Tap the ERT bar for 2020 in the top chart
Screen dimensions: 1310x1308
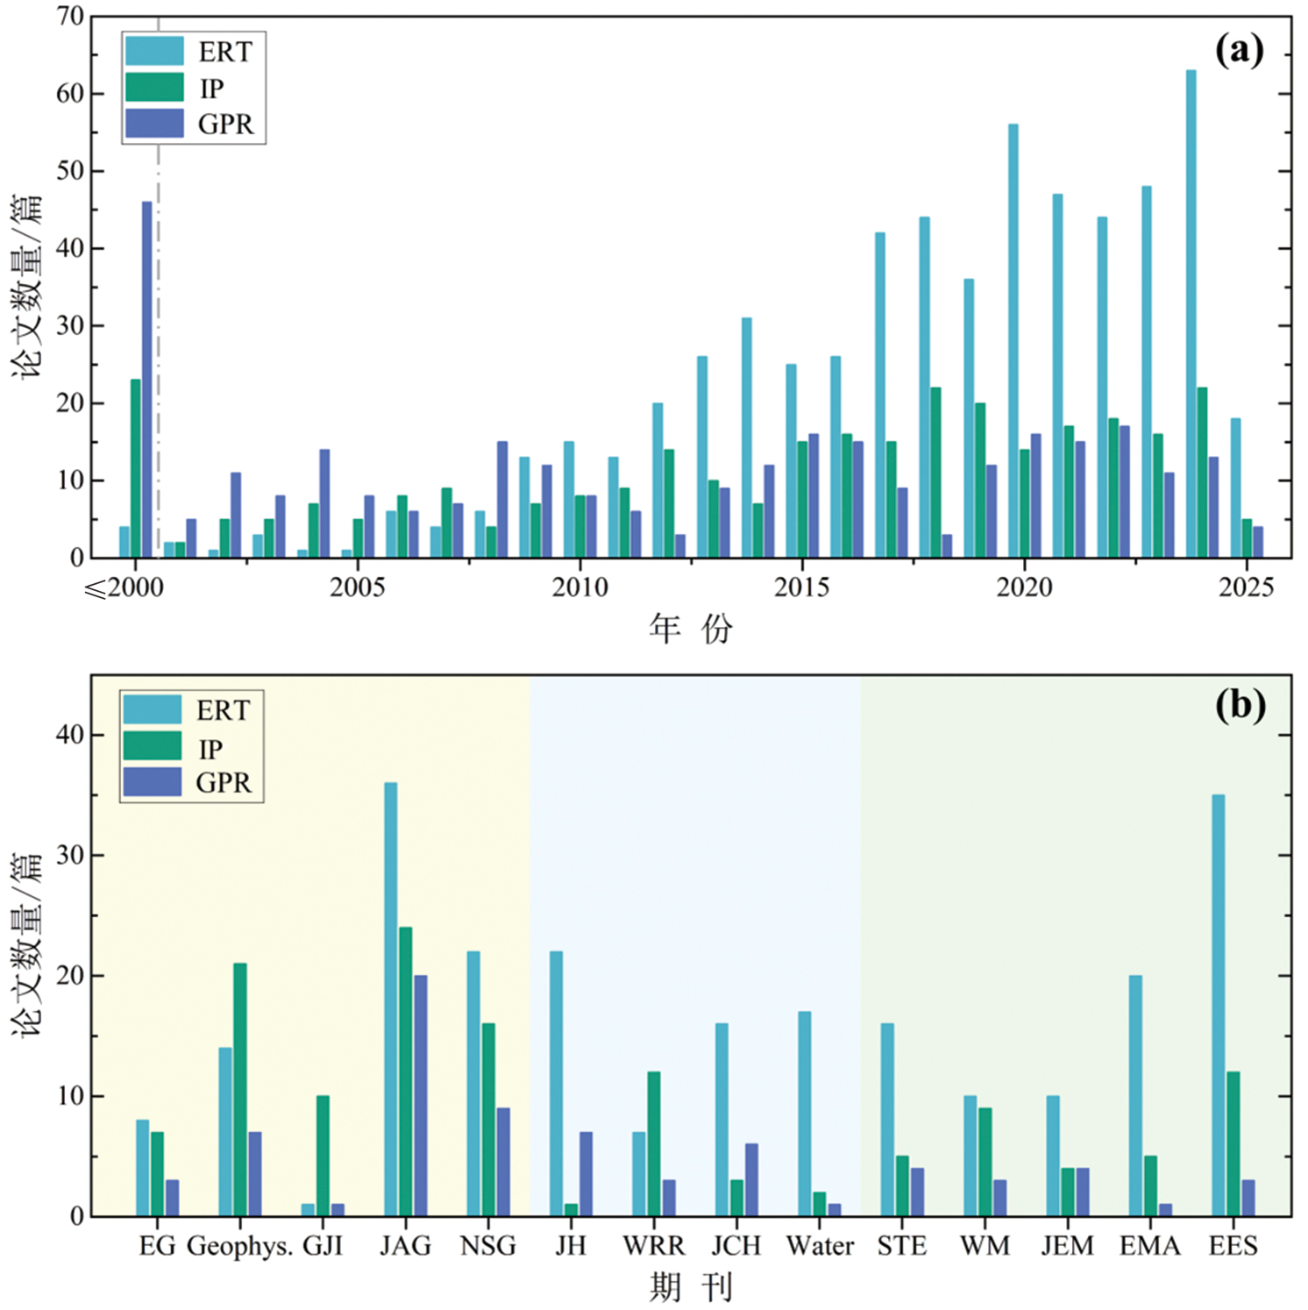1013,341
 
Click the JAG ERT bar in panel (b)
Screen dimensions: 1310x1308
390,999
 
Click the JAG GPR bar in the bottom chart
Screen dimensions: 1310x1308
420,1095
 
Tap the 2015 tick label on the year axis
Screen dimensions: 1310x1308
801,587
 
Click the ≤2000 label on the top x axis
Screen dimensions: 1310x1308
124,587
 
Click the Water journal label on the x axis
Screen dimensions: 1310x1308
820,1246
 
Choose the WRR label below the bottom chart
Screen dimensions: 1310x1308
654,1246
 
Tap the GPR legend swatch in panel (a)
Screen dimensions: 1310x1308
154,124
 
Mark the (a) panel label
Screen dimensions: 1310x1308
1239,50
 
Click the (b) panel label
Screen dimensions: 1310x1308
1239,705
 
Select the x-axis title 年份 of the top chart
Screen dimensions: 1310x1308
691,629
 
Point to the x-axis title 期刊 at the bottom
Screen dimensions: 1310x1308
691,1287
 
